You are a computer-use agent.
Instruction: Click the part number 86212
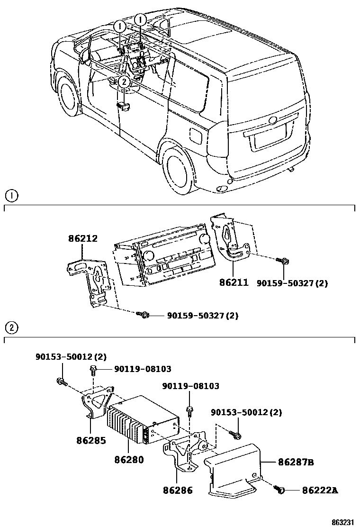(x=83, y=239)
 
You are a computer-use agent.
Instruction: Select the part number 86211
(x=234, y=282)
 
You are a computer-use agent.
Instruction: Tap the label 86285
(x=91, y=440)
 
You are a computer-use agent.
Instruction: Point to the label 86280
(x=129, y=460)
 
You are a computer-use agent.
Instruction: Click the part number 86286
(x=178, y=491)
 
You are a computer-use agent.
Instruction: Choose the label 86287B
(x=296, y=462)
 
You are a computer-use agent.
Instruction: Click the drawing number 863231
(x=343, y=521)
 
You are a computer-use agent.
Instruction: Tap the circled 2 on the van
(x=124, y=82)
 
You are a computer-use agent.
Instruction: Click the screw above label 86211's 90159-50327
(x=285, y=261)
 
